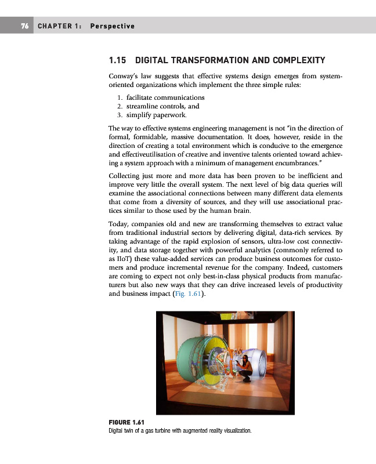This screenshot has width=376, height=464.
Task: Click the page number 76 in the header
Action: point(25,26)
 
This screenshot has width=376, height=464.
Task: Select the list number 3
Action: point(119,115)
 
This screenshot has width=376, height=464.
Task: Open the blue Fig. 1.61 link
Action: point(188,294)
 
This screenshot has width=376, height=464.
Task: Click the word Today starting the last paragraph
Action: point(119,224)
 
